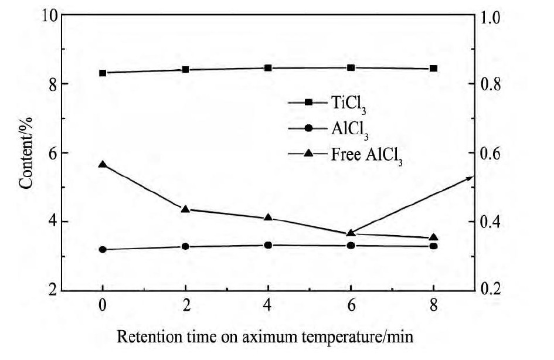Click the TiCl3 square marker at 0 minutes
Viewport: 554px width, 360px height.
[x=103, y=73]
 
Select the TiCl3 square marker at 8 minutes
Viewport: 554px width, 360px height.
[x=434, y=69]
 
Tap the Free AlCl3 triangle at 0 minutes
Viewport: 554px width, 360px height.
[x=103, y=164]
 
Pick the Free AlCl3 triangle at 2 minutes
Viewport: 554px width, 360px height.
[x=186, y=209]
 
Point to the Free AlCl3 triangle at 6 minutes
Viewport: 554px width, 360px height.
[x=351, y=233]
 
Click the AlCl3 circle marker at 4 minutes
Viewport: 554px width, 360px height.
[x=268, y=245]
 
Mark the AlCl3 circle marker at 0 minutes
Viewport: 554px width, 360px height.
[x=103, y=250]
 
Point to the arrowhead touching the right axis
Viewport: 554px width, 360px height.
[x=470, y=177]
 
